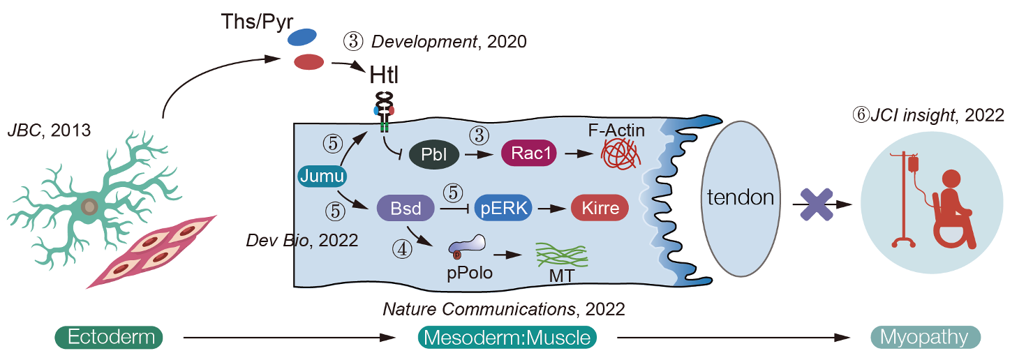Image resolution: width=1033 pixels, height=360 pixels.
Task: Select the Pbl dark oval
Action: [434, 154]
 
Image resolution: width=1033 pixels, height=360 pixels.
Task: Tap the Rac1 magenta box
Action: [529, 154]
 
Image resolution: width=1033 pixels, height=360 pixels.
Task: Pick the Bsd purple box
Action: [406, 207]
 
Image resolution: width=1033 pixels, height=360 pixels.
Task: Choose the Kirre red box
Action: [600, 207]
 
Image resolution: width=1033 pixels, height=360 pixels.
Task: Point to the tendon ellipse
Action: [740, 198]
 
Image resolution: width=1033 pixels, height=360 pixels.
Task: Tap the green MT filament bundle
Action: [561, 254]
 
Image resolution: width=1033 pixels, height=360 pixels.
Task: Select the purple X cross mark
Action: [815, 203]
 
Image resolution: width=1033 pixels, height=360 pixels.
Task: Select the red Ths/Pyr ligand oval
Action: [307, 61]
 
